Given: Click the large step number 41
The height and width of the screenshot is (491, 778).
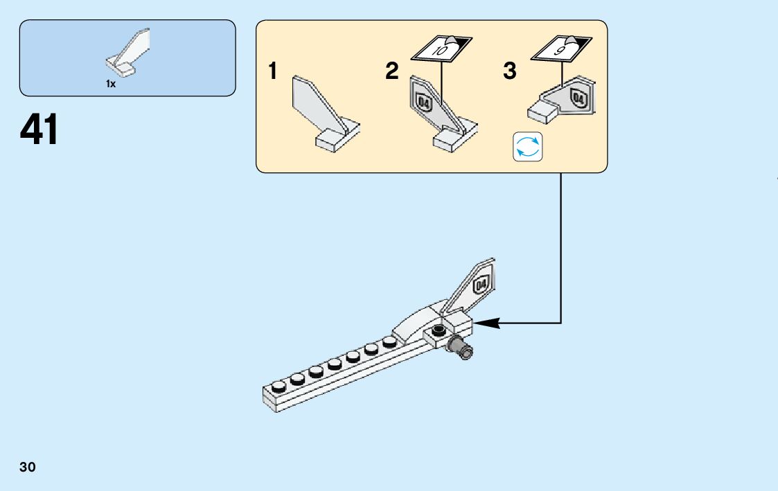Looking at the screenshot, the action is [39, 129].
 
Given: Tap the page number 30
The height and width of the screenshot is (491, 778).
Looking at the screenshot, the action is [28, 467].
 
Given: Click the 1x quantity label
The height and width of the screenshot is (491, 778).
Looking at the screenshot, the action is [111, 84].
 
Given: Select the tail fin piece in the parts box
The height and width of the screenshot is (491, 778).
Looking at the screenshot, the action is [127, 52].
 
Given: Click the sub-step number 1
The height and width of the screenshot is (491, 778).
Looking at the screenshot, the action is [272, 71].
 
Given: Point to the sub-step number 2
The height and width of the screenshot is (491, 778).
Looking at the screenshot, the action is [392, 71].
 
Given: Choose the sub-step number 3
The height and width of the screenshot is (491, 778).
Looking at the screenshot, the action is [510, 71].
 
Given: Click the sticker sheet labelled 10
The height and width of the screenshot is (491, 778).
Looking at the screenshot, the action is [441, 48].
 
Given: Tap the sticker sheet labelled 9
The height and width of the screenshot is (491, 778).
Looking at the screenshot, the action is [562, 48].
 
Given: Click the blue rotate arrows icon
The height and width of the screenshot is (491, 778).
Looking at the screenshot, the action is [527, 147].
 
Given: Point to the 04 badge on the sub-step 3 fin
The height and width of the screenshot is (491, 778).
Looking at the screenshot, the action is [578, 98].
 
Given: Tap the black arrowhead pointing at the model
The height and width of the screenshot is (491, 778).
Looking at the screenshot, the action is [487, 323].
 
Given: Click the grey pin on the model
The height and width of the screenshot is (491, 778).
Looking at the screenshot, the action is [460, 347].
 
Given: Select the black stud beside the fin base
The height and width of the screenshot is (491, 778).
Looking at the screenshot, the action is [438, 330].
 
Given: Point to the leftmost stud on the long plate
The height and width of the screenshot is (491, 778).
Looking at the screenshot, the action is [279, 386].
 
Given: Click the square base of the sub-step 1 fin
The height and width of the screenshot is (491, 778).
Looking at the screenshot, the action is [328, 141].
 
